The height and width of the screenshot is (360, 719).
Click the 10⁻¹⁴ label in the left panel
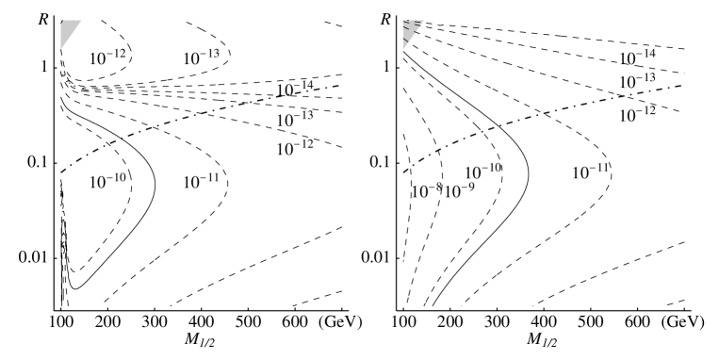tap(294, 90)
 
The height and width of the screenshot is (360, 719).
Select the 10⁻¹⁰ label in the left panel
tap(108, 182)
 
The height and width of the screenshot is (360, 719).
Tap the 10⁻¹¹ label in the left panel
tap(201, 182)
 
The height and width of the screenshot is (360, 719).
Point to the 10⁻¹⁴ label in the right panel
tap(637, 58)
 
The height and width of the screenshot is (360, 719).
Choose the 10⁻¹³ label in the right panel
tap(637, 82)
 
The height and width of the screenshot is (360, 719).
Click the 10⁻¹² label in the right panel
tap(637, 115)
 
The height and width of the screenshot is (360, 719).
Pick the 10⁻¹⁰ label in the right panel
tap(483, 171)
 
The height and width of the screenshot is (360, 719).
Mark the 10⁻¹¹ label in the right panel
tap(591, 172)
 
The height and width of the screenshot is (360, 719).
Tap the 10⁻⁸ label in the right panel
tap(426, 191)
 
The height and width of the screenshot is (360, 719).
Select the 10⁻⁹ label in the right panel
tap(458, 191)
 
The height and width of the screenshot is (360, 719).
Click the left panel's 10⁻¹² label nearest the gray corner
tap(107, 58)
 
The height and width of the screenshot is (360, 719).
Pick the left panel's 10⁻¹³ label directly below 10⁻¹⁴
tap(294, 120)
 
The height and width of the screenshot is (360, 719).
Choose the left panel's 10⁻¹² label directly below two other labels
tap(294, 149)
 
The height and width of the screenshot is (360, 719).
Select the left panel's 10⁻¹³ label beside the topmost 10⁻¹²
tap(201, 58)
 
